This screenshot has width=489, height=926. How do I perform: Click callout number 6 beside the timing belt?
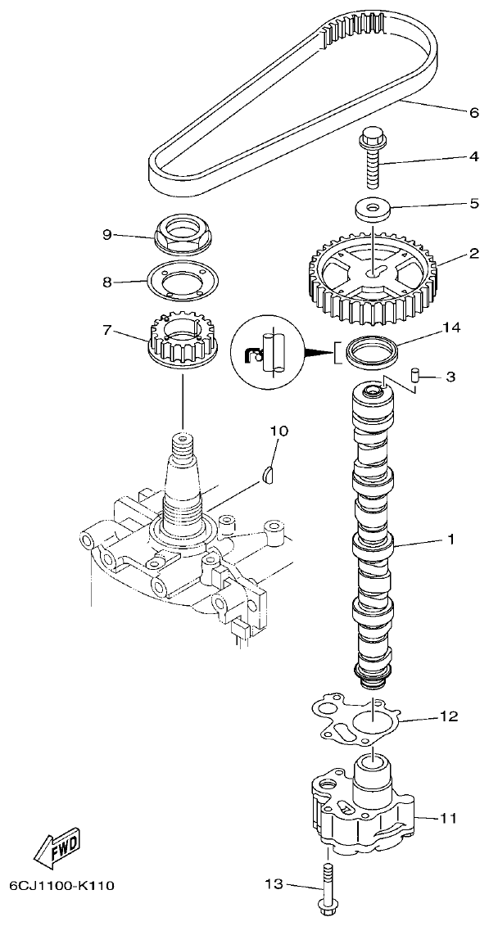473,113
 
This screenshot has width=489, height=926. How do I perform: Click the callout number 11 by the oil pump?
449,817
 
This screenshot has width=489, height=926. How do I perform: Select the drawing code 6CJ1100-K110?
62,885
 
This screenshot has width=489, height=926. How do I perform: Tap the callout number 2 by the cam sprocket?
473,255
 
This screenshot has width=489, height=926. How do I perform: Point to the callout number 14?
451,327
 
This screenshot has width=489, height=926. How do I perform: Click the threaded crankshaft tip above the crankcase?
181,448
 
